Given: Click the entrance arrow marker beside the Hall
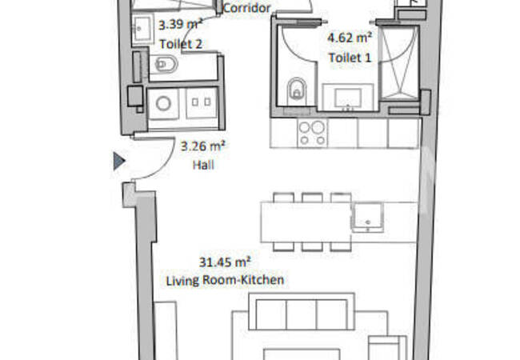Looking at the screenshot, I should click(x=119, y=162).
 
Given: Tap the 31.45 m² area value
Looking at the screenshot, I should click(x=225, y=262).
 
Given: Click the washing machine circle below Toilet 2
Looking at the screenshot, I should click(x=163, y=104).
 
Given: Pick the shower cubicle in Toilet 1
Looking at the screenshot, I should click(x=398, y=64).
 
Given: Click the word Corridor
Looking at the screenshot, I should click(x=247, y=9).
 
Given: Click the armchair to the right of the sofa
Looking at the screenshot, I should click(x=386, y=349).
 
